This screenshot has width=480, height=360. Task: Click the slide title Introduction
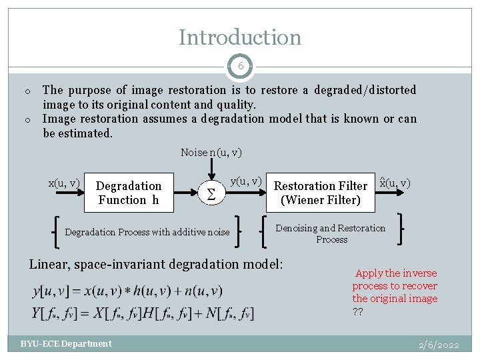click(240, 37)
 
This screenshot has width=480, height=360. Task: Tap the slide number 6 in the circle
click(240, 67)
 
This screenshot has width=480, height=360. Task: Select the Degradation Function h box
click(129, 193)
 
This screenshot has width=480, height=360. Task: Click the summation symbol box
click(211, 193)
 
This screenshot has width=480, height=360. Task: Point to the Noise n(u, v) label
click(211, 153)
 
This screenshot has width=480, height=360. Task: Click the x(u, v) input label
click(64, 183)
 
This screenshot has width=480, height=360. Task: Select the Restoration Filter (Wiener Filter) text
click(321, 193)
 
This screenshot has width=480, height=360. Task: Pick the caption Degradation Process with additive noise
click(147, 232)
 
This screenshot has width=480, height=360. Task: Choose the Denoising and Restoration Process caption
click(331, 233)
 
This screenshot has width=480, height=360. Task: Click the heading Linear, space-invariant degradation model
click(156, 264)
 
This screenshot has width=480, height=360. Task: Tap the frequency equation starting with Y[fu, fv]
click(142, 312)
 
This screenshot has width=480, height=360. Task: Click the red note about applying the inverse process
click(395, 286)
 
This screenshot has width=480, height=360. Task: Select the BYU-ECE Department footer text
click(66, 344)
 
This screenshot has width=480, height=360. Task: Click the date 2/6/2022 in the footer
click(439, 345)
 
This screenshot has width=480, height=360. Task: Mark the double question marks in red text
click(358, 311)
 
